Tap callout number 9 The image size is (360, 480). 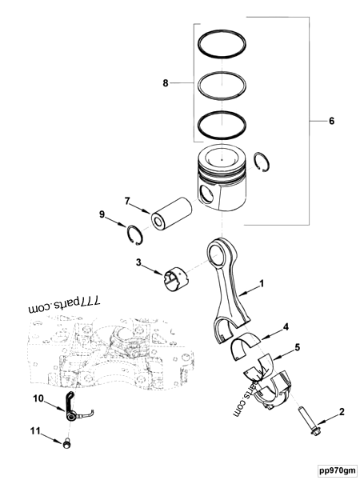pos(102,214)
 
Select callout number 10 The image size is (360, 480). pos(37,398)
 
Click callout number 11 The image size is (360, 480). pos(35,432)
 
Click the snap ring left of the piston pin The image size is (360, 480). pos(138,237)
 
